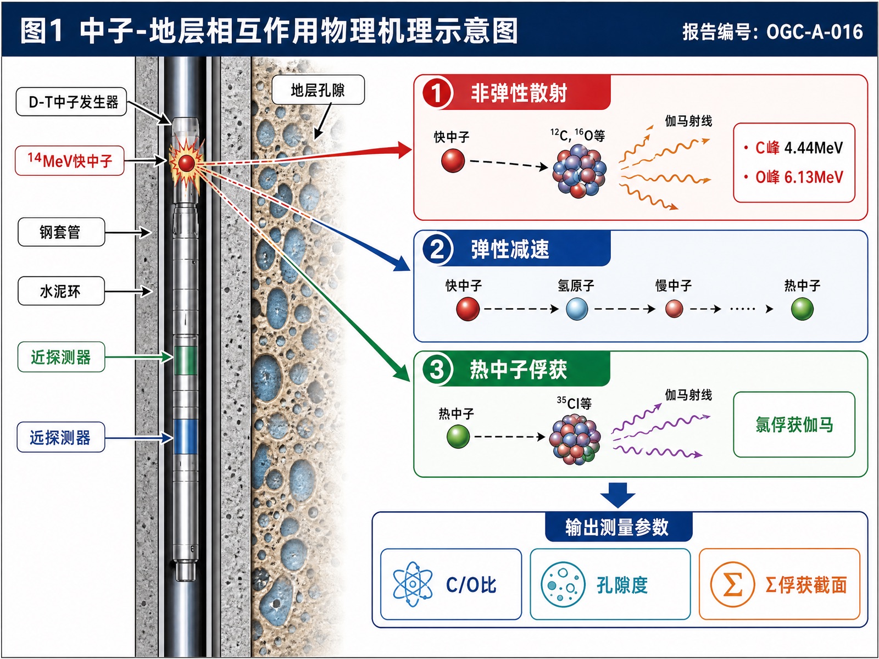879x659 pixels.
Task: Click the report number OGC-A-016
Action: click(815, 32)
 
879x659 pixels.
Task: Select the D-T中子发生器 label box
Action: click(71, 102)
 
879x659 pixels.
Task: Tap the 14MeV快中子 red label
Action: click(70, 160)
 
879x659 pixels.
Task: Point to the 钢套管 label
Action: click(62, 232)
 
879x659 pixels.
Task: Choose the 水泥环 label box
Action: click(62, 291)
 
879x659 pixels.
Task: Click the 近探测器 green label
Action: click(62, 357)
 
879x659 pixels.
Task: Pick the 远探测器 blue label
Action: click(61, 437)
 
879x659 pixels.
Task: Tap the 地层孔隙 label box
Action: click(318, 90)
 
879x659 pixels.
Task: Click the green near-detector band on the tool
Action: click(185, 360)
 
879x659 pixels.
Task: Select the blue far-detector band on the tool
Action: click(185, 437)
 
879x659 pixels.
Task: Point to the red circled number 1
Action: click(437, 93)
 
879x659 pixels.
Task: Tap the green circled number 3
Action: click(437, 369)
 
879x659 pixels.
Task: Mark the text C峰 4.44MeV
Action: click(799, 148)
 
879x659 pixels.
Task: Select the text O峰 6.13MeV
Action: click(799, 177)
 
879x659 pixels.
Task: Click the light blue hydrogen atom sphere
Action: click(577, 309)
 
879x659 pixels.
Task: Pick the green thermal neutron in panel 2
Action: click(802, 309)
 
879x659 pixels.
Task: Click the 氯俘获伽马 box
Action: click(794, 425)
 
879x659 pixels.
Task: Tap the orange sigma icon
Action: click(732, 584)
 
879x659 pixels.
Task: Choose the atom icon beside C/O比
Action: click(413, 584)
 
